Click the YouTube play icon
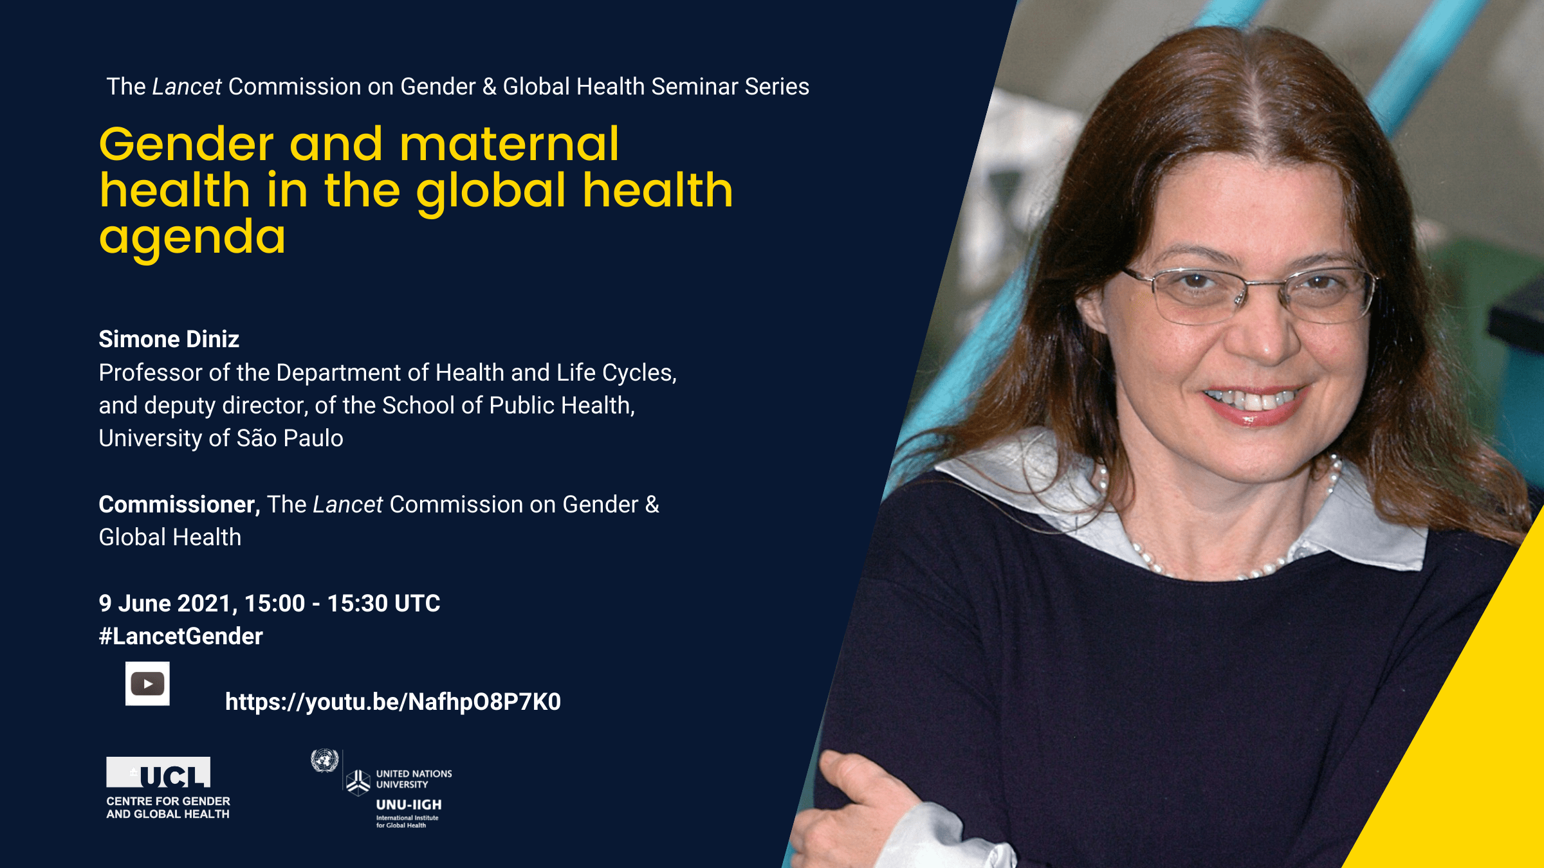(147, 683)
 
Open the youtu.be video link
(393, 702)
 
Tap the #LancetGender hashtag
(181, 637)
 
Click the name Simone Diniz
(169, 339)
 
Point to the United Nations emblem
(324, 761)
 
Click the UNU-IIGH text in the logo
(409, 804)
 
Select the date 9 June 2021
(168, 603)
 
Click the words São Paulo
(290, 438)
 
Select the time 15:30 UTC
(384, 603)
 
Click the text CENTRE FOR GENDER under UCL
(168, 801)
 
